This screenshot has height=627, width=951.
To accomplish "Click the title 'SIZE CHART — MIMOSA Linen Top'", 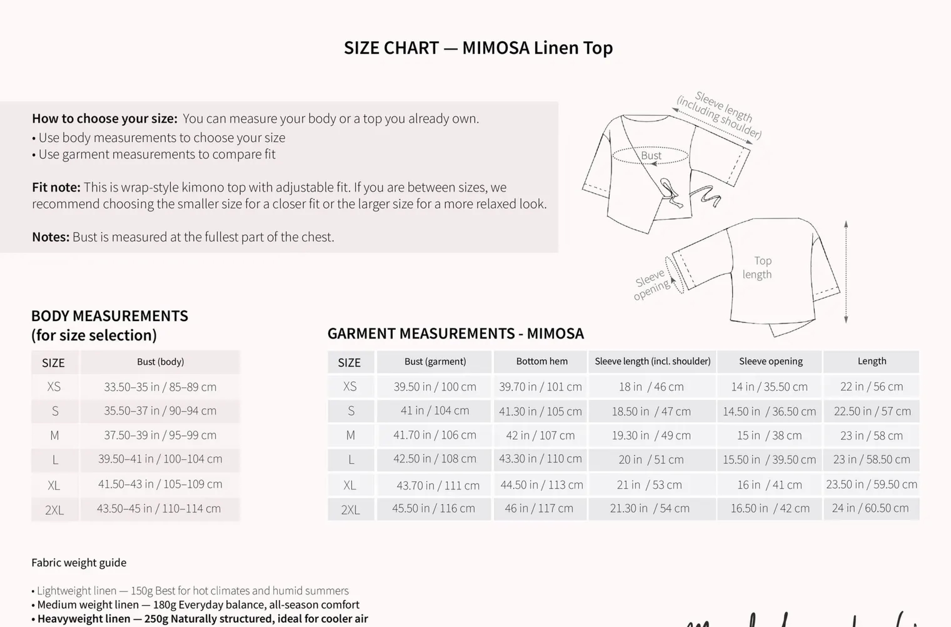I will (478, 48).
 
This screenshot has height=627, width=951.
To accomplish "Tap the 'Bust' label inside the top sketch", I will (651, 155).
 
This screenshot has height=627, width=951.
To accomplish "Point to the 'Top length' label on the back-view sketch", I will (757, 268).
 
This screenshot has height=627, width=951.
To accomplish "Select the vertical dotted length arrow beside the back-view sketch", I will (846, 272).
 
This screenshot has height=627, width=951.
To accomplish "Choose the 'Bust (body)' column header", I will (160, 362).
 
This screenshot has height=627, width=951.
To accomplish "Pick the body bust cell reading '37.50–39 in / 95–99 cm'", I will (160, 435).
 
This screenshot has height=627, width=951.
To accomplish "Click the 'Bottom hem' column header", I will (541, 361).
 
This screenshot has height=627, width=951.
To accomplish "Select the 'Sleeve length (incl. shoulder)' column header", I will (652, 361).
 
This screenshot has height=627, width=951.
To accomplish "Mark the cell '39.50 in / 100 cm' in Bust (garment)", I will (435, 387).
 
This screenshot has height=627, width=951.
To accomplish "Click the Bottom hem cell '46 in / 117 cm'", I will (539, 508).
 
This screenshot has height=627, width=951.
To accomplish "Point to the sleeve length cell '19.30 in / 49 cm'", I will (651, 436).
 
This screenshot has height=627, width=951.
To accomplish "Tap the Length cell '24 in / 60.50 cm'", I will (870, 508).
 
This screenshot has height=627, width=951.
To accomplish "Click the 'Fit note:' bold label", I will (56, 187).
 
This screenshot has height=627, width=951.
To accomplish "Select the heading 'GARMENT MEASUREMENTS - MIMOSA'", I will (455, 334).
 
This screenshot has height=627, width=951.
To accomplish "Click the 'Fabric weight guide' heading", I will (79, 563).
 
